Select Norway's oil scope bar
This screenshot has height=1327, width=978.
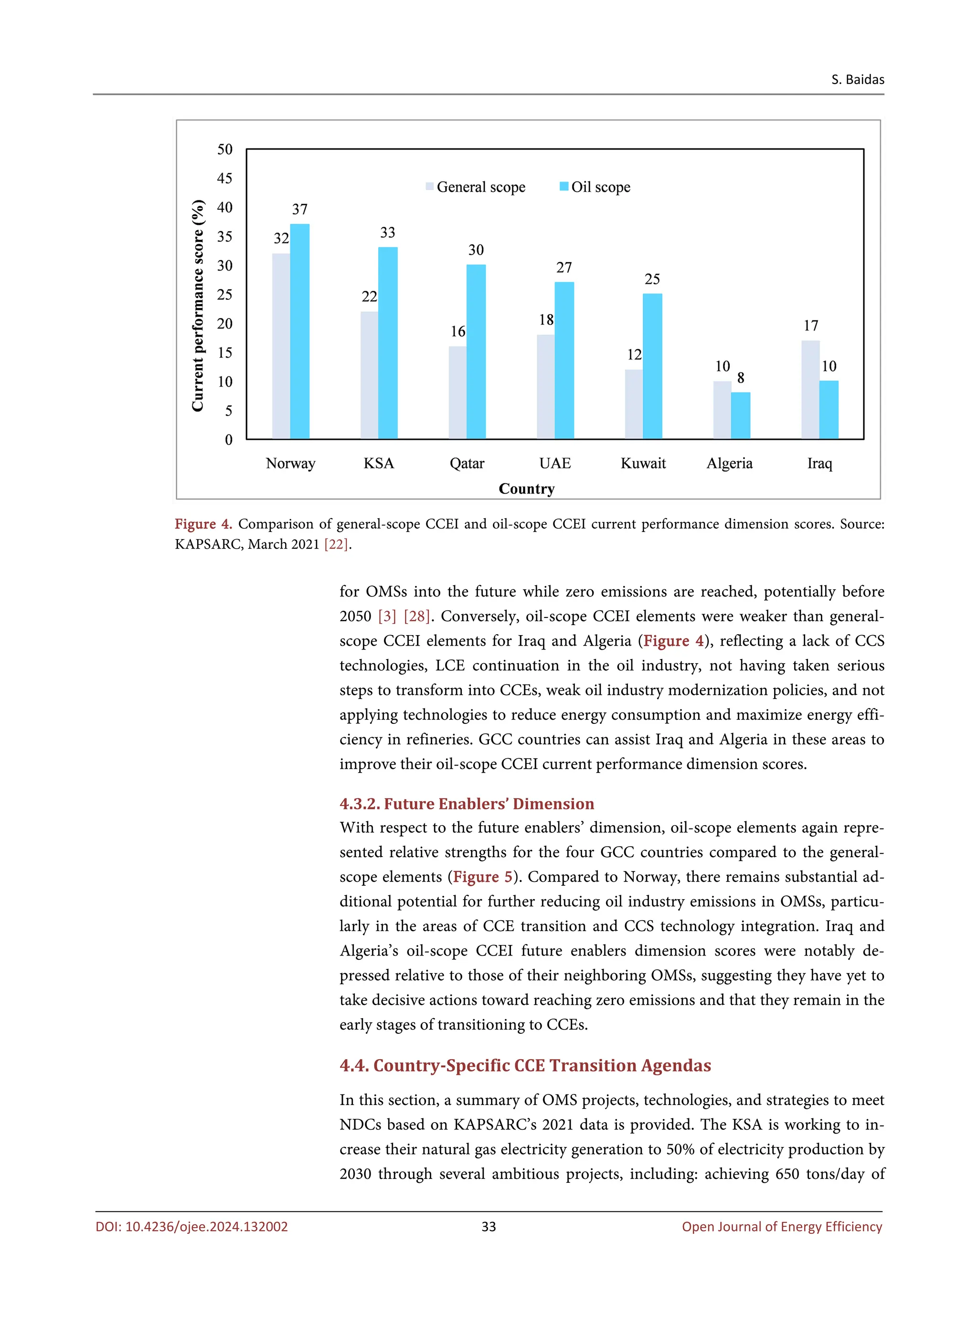click(x=299, y=331)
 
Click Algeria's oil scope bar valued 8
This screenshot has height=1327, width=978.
click(x=741, y=415)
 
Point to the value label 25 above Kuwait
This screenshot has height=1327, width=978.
click(x=652, y=279)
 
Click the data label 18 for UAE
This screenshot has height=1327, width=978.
click(x=546, y=320)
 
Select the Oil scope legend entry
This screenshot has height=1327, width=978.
click(x=595, y=187)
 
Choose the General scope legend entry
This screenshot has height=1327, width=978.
click(x=475, y=187)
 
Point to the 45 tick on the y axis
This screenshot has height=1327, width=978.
click(x=225, y=178)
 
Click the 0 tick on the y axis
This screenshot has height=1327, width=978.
click(x=229, y=440)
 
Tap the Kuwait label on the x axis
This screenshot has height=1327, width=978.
click(x=643, y=464)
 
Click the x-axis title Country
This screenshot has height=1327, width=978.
click(x=526, y=489)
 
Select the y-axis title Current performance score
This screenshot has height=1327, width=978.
click(x=198, y=306)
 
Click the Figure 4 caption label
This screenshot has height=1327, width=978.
click(x=203, y=524)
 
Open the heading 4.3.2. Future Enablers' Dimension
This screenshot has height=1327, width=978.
click(x=467, y=804)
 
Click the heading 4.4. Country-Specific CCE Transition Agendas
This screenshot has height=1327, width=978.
click(x=525, y=1065)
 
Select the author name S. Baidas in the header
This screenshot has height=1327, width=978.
click(x=857, y=79)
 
